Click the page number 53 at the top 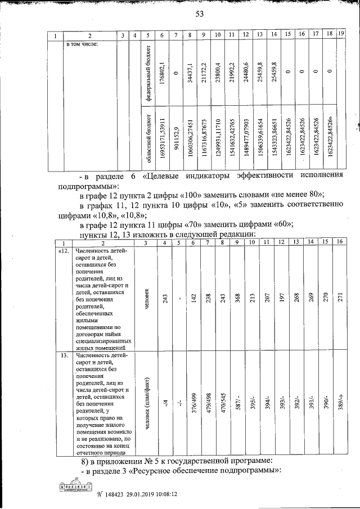pos(199,15)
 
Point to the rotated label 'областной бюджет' pos(148,137)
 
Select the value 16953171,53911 pos(162,137)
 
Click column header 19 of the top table pos(341,35)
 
